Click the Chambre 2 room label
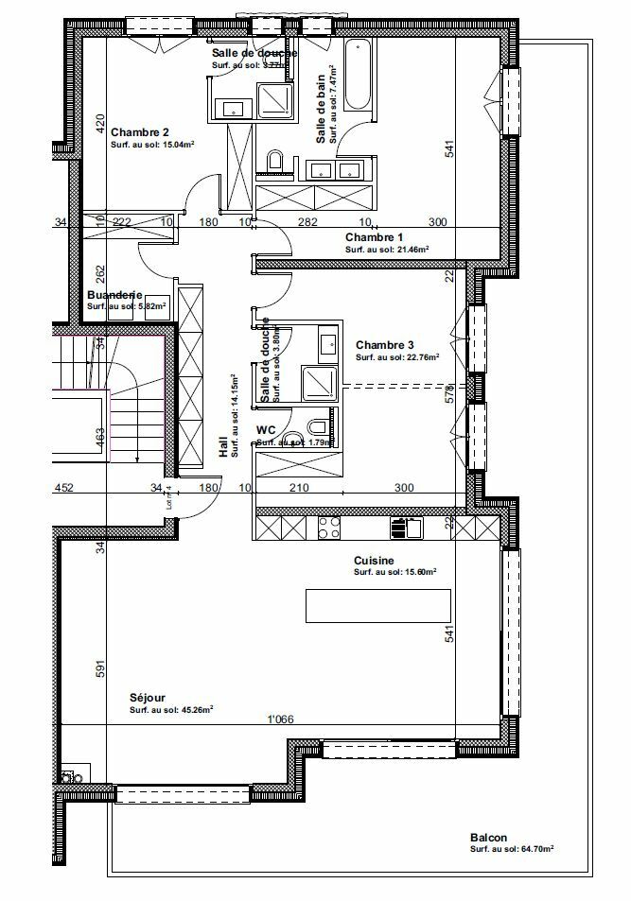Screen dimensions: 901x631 pyautogui.click(x=139, y=132)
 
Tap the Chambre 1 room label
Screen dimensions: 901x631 pyautogui.click(x=374, y=236)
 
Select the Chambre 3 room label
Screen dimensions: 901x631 pyautogui.click(x=385, y=346)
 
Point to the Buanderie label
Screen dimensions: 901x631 pyautogui.click(x=114, y=294)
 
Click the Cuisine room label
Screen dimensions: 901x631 pyautogui.click(x=374, y=560)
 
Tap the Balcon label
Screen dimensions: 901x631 pyautogui.click(x=488, y=838)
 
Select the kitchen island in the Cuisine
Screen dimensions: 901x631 pyautogui.click(x=377, y=605)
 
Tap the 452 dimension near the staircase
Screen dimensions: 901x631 pyautogui.click(x=63, y=489)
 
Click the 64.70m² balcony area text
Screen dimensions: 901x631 pyautogui.click(x=535, y=850)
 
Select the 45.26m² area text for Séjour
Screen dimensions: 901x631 pyautogui.click(x=195, y=709)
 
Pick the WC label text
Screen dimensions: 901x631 pyautogui.click(x=266, y=430)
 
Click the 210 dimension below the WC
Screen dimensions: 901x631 pyautogui.click(x=299, y=489)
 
